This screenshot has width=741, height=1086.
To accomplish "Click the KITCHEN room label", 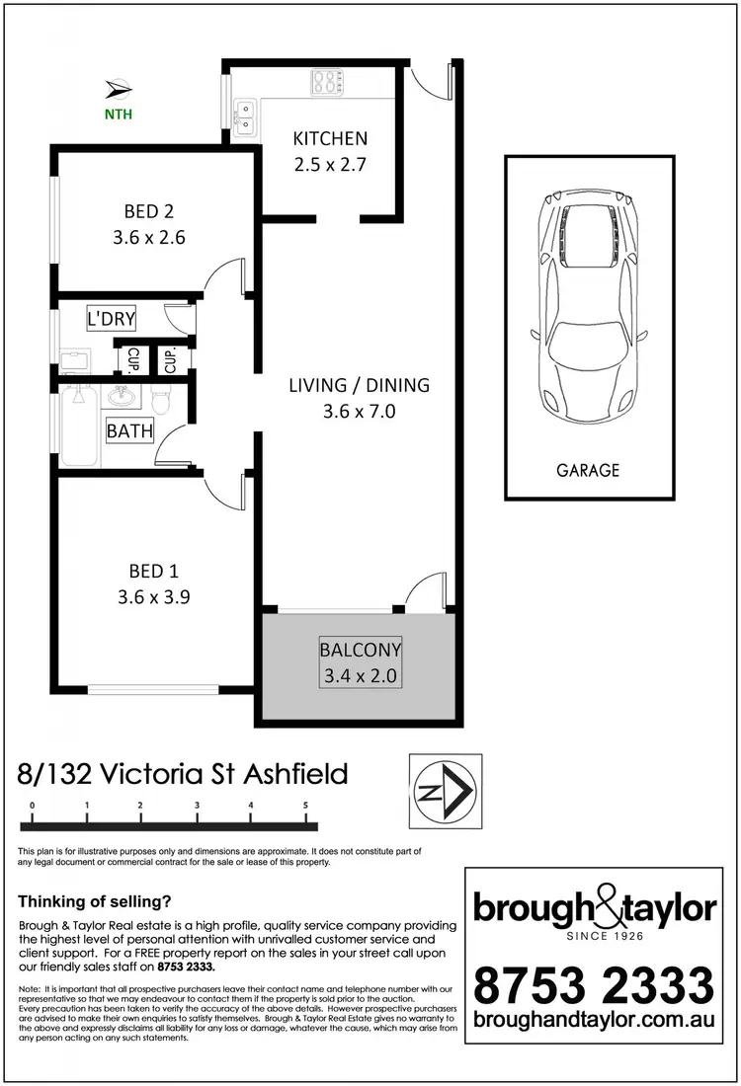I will [330, 139].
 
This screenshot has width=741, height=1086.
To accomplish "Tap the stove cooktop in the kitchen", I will [325, 82].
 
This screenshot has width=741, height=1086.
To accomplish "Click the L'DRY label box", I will [112, 319].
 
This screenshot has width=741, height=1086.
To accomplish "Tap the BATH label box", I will [129, 431].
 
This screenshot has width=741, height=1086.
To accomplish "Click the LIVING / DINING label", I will [359, 385].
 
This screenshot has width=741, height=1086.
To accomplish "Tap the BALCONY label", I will [359, 651].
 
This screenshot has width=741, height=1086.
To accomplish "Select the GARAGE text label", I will [587, 471].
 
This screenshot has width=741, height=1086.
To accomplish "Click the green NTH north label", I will [119, 114].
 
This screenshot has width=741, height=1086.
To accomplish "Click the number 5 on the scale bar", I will [306, 806].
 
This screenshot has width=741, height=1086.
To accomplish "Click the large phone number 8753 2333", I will [593, 986].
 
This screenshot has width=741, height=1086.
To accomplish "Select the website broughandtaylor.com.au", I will [593, 1033].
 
